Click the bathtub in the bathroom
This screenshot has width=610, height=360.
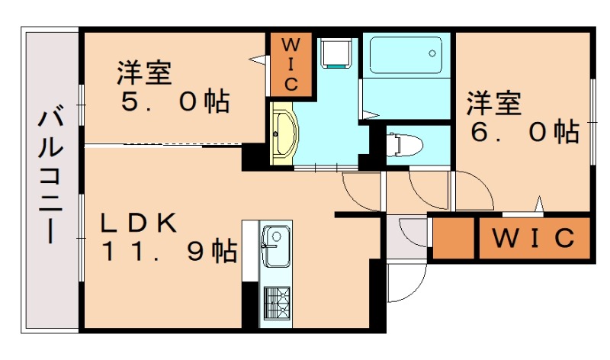coord(406,55)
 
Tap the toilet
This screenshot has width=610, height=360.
coord(405,144)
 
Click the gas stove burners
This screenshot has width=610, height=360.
coord(277,304)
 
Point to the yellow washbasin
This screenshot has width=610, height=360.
coord(283,134)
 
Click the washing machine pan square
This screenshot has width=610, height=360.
coord(336,53)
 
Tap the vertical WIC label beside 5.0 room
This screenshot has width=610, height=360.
coord(291,65)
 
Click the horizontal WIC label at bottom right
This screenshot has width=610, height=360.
coord(534,237)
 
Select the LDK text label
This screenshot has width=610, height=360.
coord(139,223)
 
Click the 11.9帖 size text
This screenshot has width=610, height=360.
coord(169,252)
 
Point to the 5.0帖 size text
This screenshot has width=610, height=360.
coord(175,101)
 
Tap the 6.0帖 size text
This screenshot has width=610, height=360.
coord(525,132)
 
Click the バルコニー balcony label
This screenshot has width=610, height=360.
coord(50,178)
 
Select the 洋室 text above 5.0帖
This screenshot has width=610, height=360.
coord(144,72)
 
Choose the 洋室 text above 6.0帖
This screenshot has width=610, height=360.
coord(494,103)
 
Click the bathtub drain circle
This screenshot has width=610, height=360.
coord(432,53)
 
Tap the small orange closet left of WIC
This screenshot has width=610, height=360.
coord(453,237)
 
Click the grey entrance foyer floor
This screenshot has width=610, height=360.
coord(407,237)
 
